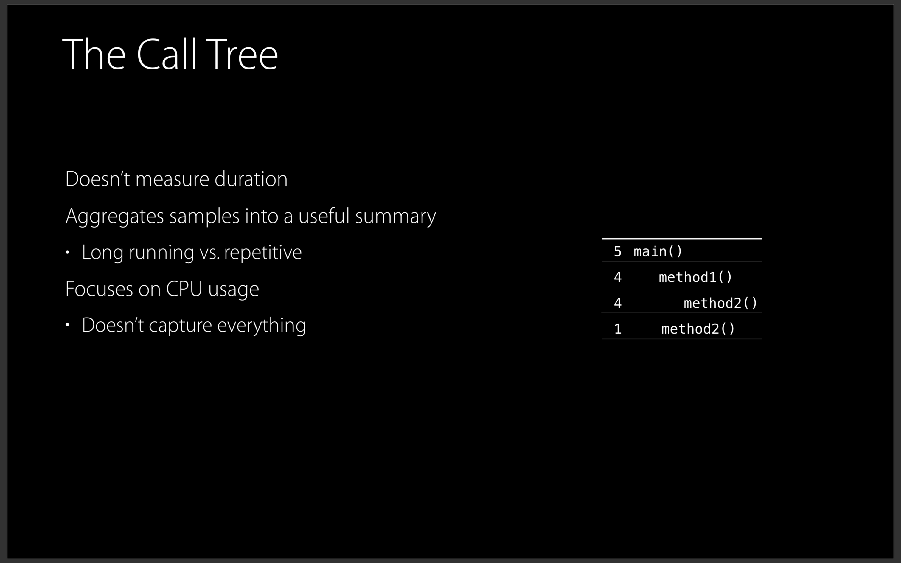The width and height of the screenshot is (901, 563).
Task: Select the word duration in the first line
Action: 251,179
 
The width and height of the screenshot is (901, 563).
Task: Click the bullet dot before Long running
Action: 67,253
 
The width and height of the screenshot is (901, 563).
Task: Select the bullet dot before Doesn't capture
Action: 67,325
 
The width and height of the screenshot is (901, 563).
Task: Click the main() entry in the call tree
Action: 658,251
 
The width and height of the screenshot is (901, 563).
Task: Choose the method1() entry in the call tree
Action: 695,277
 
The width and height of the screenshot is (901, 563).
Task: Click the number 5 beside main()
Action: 618,251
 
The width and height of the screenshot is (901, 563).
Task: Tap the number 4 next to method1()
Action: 618,277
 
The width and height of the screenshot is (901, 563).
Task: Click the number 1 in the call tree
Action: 618,329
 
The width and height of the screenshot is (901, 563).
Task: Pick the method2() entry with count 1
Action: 698,329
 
